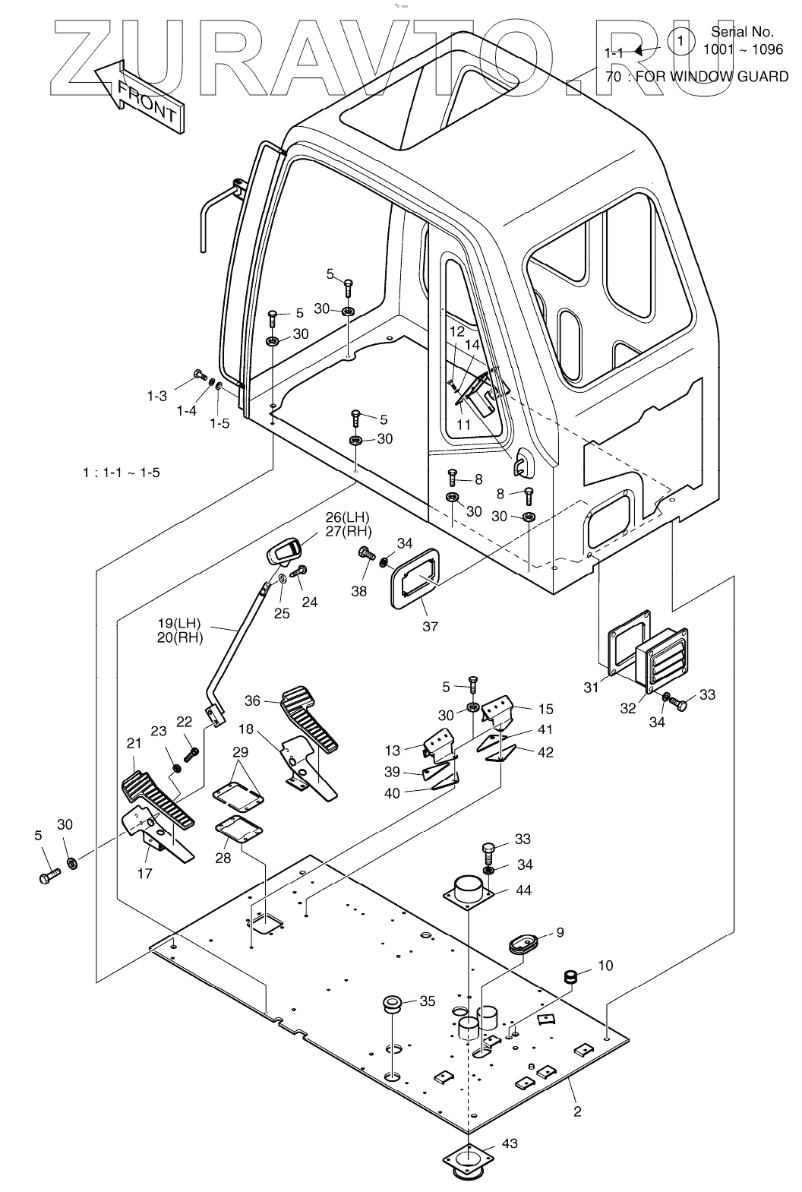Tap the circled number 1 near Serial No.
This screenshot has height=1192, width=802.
click(x=681, y=40)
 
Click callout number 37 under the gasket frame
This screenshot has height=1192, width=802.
click(x=430, y=627)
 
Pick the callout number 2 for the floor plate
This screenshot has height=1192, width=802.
click(x=577, y=1111)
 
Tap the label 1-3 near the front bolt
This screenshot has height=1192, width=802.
click(x=157, y=396)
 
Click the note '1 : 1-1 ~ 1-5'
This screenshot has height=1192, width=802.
click(x=122, y=473)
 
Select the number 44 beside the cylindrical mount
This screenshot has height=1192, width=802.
click(x=523, y=890)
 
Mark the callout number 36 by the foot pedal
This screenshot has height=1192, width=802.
click(x=253, y=700)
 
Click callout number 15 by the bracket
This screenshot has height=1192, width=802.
click(x=545, y=709)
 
